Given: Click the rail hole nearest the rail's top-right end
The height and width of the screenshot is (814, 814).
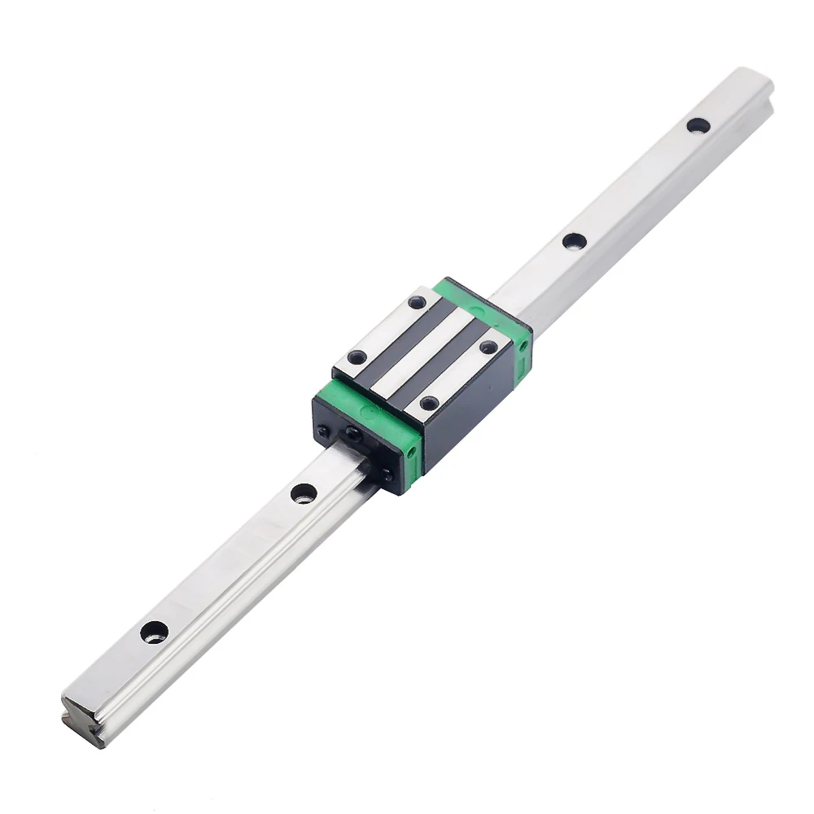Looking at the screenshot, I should (697, 125).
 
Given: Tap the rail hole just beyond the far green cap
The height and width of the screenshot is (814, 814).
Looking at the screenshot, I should (573, 241).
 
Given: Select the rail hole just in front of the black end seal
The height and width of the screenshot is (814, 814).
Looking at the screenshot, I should (303, 492).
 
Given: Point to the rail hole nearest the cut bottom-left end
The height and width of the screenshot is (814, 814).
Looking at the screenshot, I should (153, 631).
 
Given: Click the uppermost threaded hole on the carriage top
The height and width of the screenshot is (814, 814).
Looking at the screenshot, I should (418, 303).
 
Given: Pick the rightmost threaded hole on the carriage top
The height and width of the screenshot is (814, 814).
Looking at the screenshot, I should (488, 347).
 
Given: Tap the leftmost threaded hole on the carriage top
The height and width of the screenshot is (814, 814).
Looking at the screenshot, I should (357, 357).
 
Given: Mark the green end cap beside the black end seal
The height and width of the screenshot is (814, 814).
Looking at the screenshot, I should (383, 423).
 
